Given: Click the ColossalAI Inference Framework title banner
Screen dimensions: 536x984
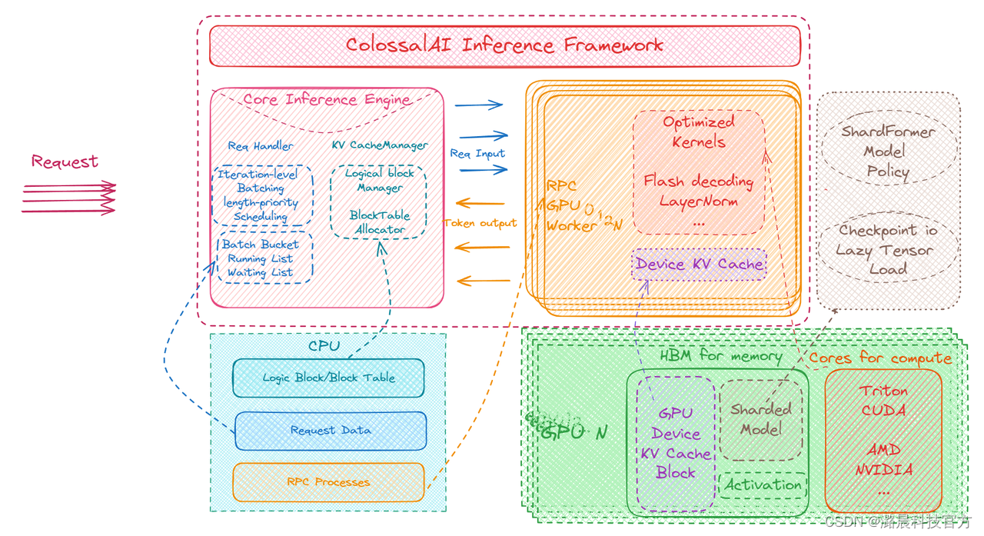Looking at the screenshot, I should coord(504,45).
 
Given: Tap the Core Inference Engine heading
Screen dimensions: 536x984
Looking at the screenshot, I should coord(327,100).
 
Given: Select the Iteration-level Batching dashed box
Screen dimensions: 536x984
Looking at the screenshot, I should coord(262,195).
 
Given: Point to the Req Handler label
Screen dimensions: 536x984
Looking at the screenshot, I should coord(260,145).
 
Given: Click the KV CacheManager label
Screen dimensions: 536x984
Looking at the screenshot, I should coord(380,145).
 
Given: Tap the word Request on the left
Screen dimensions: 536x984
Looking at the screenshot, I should coord(65,161).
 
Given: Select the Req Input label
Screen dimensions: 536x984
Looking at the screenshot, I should coord(477,154).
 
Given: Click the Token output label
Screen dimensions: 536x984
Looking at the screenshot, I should coord(480,223).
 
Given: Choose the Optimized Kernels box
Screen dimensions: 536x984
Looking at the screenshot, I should coord(699,171).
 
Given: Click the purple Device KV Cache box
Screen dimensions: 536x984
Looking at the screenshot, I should coord(699,265).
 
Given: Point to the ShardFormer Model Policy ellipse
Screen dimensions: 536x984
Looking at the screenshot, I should coord(888,151).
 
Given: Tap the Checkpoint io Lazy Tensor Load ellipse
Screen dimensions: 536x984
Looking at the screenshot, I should coord(888,249).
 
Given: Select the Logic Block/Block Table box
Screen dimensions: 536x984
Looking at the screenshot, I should coord(328,378).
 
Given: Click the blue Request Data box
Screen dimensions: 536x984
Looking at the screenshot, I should coord(331,431).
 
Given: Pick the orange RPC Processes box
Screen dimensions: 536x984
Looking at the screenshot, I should coord(328,482).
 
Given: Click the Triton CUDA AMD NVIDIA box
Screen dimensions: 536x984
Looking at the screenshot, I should coord(883,441).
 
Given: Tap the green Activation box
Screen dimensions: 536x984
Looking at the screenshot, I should coord(763,485).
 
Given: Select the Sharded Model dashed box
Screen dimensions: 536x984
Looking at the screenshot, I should coord(760,420).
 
